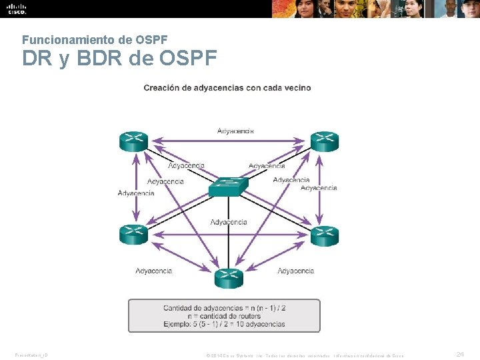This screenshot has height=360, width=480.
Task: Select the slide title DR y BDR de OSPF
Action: [x=120, y=59]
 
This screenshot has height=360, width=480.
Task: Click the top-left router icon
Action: [x=134, y=141]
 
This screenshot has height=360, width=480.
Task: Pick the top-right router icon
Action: [x=325, y=141]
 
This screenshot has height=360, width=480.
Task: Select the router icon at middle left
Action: [x=134, y=235]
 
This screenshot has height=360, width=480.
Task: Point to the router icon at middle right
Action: [x=325, y=235]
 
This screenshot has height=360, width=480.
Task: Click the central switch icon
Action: [x=228, y=187]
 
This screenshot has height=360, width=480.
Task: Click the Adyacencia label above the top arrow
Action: [x=236, y=131]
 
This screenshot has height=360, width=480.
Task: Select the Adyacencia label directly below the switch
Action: [x=229, y=222]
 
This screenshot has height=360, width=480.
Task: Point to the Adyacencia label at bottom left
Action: [x=154, y=271]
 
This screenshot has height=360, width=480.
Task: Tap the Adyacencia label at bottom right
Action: [x=296, y=271]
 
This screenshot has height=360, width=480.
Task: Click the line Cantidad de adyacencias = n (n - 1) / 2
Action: [x=225, y=307]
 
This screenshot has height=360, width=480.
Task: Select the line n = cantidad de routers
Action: [x=225, y=316]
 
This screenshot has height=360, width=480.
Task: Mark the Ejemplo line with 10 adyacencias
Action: [x=225, y=325]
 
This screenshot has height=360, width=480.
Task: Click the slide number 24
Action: [x=460, y=355]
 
